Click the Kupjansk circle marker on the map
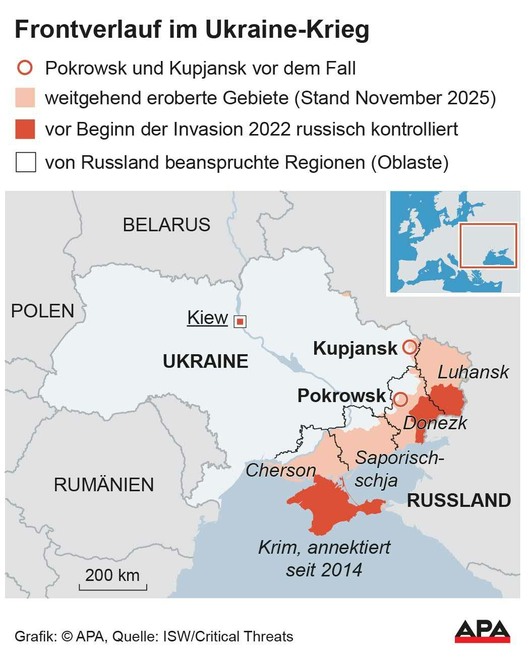click(410, 347)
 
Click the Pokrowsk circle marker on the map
click(400, 400)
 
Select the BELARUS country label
click(166, 225)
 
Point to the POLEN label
click(43, 311)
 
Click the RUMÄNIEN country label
click(104, 485)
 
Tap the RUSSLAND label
click(459, 500)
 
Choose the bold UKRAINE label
click(205, 361)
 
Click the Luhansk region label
click(473, 372)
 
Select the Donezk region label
click(435, 423)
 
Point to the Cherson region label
click(280, 471)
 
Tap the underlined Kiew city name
click(207, 318)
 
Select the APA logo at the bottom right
click(482, 631)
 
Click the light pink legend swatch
click(25, 98)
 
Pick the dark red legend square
click(25, 129)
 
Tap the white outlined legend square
click(25, 163)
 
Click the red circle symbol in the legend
click(25, 68)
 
